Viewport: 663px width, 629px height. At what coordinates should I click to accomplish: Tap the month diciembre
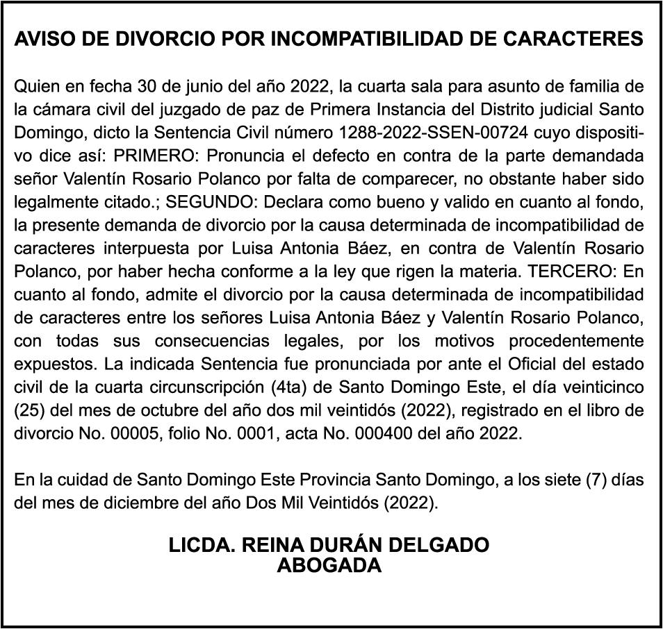tap(126, 502)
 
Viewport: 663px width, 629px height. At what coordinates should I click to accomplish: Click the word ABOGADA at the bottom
tap(329, 565)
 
